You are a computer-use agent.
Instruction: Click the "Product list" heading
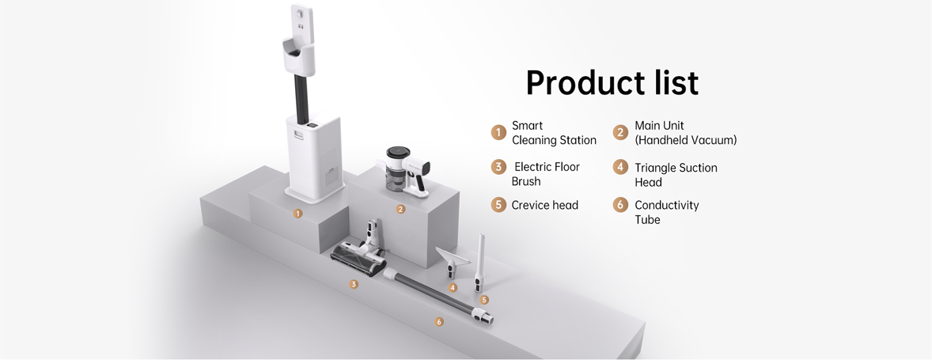click(612, 82)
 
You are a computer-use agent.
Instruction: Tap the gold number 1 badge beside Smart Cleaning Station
click(498, 132)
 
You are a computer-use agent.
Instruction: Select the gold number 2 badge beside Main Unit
click(620, 132)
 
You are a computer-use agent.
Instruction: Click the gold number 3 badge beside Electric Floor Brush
click(498, 167)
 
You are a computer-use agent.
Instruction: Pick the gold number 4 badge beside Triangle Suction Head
click(620, 167)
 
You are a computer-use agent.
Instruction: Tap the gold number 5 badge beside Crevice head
click(498, 205)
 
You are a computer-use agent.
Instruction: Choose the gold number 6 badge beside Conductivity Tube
click(620, 205)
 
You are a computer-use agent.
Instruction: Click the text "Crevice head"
click(545, 205)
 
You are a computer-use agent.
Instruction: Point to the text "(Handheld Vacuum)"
click(686, 140)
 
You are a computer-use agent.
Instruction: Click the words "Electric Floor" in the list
click(547, 167)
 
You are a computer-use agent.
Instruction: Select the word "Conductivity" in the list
click(667, 206)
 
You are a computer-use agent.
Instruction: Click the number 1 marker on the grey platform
click(297, 214)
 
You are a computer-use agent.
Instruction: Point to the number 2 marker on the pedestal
click(400, 209)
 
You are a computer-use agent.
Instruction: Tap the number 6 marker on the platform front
click(439, 322)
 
